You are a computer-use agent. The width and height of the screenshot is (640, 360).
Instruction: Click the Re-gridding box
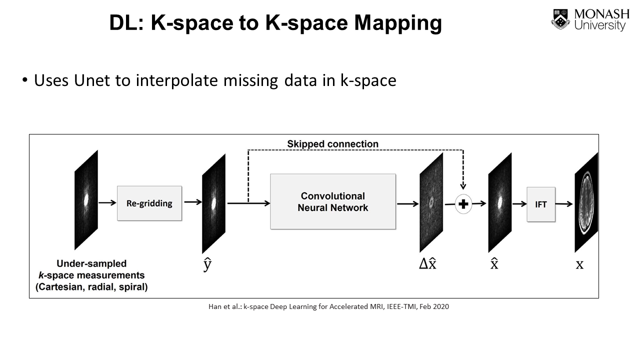point(149,203)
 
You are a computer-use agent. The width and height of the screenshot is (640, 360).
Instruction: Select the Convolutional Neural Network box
point(333,201)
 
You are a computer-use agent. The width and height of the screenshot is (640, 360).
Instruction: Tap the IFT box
point(541,204)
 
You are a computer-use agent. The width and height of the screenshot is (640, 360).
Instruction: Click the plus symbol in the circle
point(463,204)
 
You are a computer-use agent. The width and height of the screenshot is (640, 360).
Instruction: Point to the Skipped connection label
point(332,144)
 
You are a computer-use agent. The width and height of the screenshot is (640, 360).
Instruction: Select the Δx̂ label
point(427,264)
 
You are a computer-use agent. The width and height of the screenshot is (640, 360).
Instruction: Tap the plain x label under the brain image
point(579,264)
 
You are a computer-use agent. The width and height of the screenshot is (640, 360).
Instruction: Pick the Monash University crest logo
point(560,19)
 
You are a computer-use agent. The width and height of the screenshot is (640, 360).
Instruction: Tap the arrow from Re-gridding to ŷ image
point(193,202)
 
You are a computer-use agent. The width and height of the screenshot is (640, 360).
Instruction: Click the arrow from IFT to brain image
point(564,204)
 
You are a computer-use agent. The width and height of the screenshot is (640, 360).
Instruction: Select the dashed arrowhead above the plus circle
point(463,186)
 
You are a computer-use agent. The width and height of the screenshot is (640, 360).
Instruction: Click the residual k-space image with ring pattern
point(431,202)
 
